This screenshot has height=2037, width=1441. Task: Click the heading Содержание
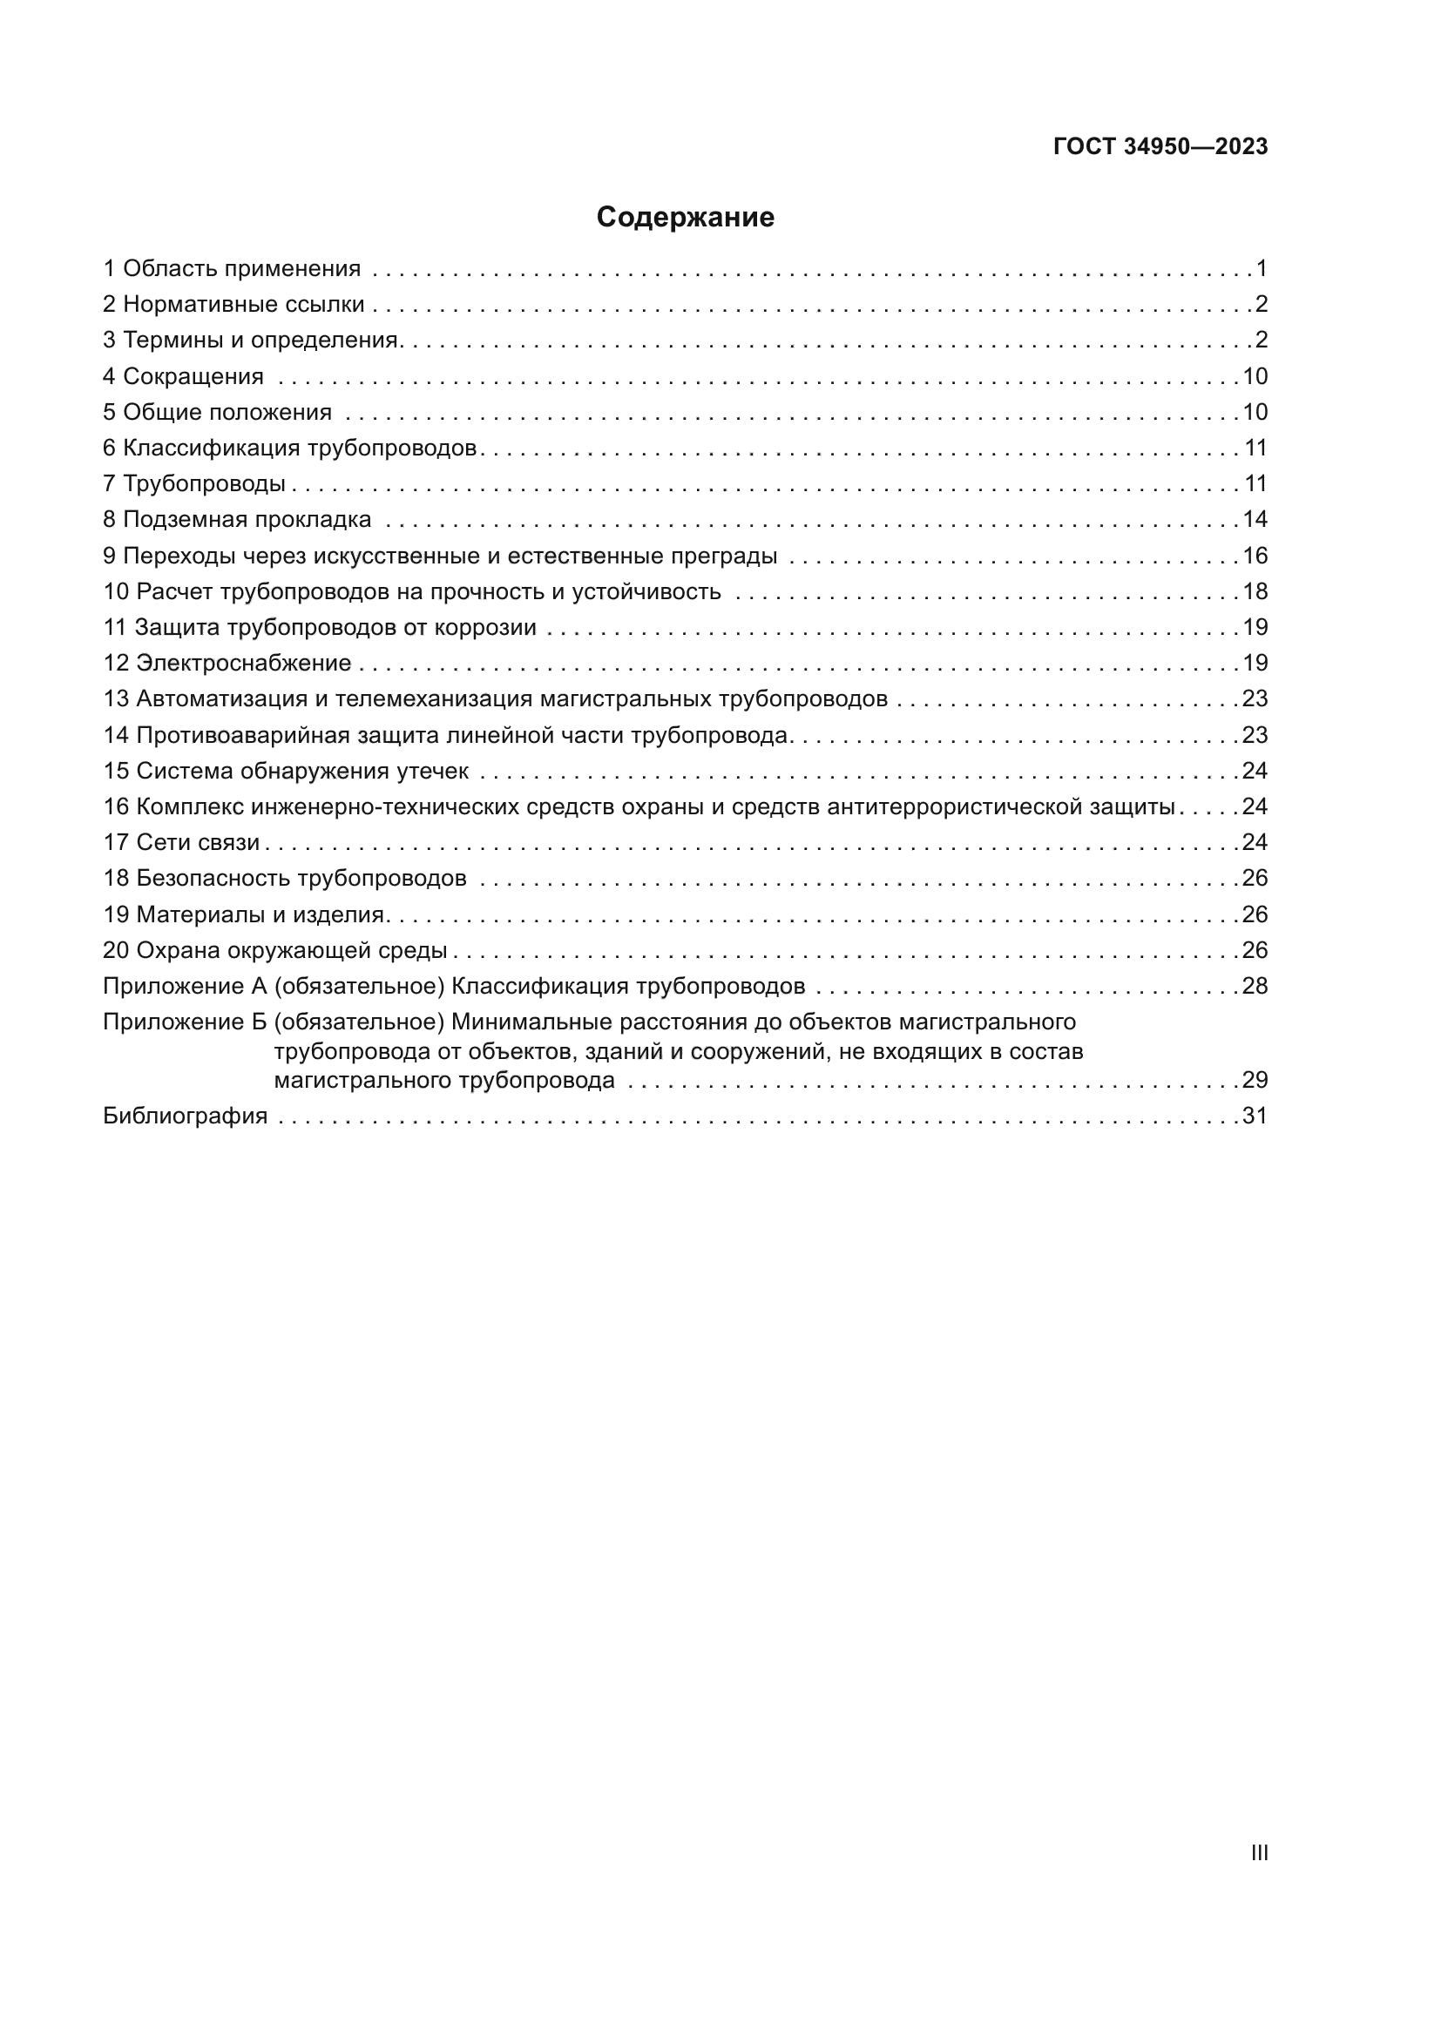[685, 218]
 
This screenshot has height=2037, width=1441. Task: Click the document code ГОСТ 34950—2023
[1160, 147]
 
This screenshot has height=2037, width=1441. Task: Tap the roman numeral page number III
[1258, 1852]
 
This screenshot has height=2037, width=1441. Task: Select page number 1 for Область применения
[1262, 269]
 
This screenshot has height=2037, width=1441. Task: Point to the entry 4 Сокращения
[184, 376]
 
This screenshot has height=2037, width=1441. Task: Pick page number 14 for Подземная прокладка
[1255, 520]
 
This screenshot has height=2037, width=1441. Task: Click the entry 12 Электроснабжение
[227, 664]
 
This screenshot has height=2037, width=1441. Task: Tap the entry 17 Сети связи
[182, 843]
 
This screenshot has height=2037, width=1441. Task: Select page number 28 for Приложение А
[1255, 987]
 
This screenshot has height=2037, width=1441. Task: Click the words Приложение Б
[185, 1023]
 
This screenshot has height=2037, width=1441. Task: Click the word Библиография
[186, 1116]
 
